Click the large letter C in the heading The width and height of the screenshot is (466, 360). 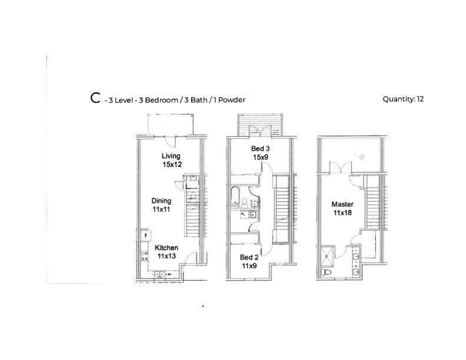tap(95, 98)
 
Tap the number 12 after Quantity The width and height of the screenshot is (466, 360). tap(420, 99)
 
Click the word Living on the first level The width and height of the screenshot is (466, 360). tap(171, 155)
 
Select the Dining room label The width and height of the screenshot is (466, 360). tap(161, 201)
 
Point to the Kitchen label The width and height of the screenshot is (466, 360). tap(166, 248)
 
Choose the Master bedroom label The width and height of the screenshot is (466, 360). tap(342, 204)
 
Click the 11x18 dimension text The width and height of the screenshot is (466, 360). tap(342, 213)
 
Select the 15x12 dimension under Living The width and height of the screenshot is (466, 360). tap(172, 164)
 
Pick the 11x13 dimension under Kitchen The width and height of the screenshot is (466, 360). tap(166, 256)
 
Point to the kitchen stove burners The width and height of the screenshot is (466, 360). tap(144, 256)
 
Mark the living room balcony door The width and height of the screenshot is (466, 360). tap(170, 140)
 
